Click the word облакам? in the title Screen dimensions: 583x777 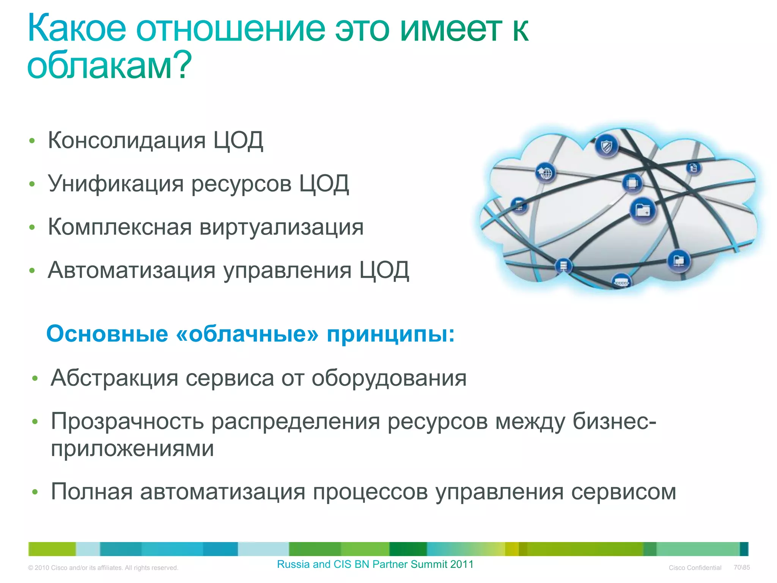[109, 66]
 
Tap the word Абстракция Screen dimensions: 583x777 [114, 378]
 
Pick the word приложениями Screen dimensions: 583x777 [132, 449]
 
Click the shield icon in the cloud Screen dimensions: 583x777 [607, 146]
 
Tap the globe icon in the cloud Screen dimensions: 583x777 [546, 173]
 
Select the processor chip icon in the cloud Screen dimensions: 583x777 [632, 183]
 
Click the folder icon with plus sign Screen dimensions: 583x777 [643, 210]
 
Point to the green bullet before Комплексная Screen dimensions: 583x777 [32, 227]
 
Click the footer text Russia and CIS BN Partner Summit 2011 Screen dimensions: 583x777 [375, 564]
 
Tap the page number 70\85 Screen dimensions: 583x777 [741, 567]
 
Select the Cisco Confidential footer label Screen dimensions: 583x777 [695, 568]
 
